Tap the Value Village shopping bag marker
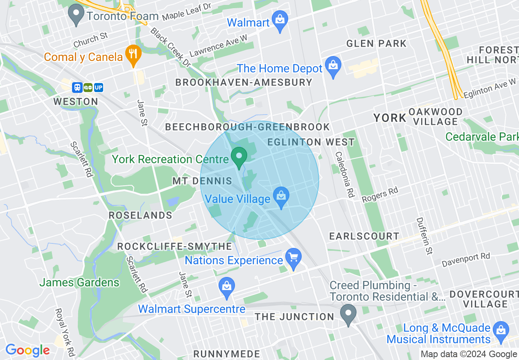click(281, 197)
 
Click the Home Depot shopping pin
click(333, 66)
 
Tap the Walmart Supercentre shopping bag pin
click(226, 287)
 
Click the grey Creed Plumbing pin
click(348, 315)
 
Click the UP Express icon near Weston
click(98, 88)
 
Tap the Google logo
click(27, 350)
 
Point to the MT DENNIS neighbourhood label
click(202, 181)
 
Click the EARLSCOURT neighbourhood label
click(364, 236)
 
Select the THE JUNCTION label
click(294, 317)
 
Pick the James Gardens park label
click(79, 282)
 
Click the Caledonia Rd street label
click(344, 175)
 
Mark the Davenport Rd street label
click(466, 260)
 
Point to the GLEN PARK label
click(376, 43)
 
